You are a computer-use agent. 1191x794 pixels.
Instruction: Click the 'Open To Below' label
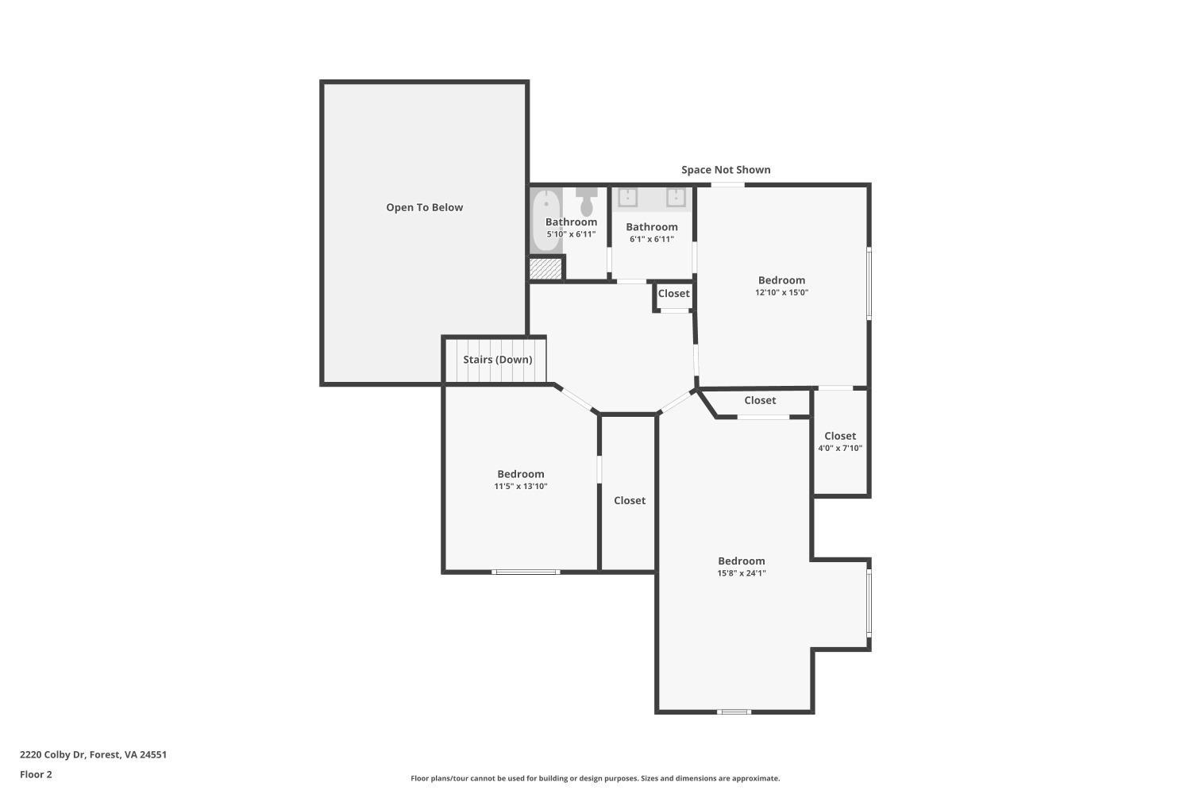pos(424,207)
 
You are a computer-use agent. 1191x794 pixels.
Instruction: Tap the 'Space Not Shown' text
pos(726,170)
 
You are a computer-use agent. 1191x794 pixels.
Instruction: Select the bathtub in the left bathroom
pos(545,220)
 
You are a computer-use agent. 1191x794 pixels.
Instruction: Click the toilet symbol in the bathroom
pos(587,202)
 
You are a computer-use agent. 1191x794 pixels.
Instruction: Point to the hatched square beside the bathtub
pos(545,268)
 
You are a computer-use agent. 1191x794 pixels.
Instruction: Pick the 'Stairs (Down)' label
pos(498,360)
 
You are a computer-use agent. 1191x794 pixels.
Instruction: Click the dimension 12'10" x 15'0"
pos(781,292)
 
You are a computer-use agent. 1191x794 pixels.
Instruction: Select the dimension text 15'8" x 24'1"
pos(741,573)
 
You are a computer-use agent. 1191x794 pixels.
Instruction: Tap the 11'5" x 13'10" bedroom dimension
pos(521,486)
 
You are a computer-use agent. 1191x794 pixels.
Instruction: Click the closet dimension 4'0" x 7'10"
pos(840,448)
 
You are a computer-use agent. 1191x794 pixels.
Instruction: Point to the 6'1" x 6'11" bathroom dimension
pos(651,239)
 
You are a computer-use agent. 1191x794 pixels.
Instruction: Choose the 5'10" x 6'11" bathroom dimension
pos(571,234)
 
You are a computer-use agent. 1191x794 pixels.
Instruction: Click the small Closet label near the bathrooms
pos(673,294)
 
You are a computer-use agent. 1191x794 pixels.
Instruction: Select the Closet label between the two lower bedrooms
pos(629,500)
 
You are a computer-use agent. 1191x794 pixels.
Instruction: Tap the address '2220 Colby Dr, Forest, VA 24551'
pos(94,755)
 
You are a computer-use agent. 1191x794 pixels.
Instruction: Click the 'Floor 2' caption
pos(36,774)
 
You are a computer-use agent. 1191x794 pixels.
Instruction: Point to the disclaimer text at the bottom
pos(595,778)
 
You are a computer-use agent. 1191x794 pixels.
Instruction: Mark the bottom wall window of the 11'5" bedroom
pos(526,572)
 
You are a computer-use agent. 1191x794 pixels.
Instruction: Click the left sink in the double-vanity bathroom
pos(627,197)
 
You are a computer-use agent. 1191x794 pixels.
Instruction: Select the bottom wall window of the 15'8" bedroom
pos(734,711)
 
